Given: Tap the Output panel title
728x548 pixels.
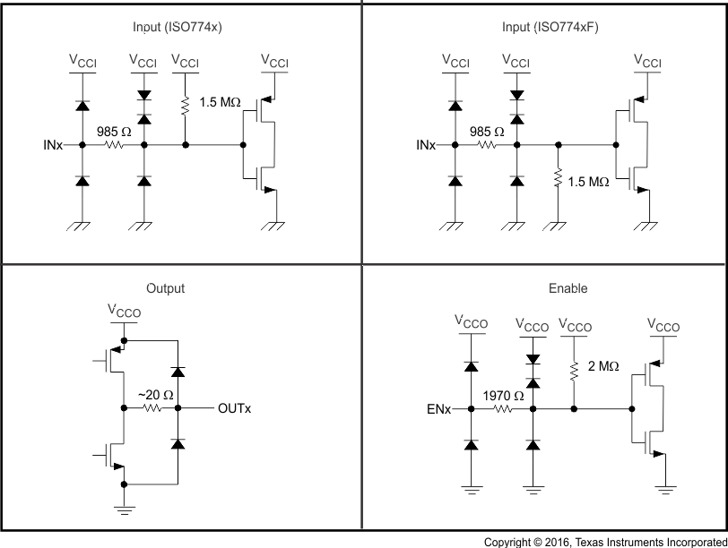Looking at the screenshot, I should pyautogui.click(x=165, y=288).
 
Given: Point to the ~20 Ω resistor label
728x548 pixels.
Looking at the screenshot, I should pyautogui.click(x=154, y=395).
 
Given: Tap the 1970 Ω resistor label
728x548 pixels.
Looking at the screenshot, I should pyautogui.click(x=501, y=395).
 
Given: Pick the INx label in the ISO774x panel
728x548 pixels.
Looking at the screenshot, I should pyautogui.click(x=52, y=144).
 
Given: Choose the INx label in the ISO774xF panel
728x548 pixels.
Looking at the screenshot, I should pyautogui.click(x=425, y=144).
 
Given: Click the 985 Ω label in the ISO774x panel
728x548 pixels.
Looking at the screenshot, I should pyautogui.click(x=113, y=130).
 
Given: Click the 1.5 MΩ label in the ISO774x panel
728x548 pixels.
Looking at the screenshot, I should pyautogui.click(x=221, y=102).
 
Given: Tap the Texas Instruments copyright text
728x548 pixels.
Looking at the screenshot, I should pyautogui.click(x=604, y=541).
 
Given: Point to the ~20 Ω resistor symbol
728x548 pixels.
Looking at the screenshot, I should pyautogui.click(x=152, y=408).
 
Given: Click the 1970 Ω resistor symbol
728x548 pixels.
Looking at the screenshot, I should pyautogui.click(x=501, y=409).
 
